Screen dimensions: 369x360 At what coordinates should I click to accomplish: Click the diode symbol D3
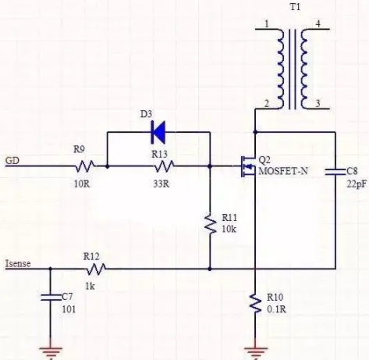pos(158,132)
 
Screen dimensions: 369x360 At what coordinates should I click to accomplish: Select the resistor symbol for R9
pos(85,166)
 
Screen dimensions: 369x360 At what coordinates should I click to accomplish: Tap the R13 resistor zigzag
pos(165,166)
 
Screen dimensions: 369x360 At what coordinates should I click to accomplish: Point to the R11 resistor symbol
pos(210,224)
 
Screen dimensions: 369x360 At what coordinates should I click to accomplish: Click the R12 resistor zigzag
pos(96,269)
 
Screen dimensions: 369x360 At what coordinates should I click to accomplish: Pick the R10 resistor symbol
pos(255,303)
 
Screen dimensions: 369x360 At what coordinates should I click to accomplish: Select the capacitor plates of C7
pos(51,298)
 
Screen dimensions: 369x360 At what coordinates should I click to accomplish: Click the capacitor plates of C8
pos(335,172)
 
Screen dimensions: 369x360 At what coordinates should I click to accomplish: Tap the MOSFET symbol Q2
pos(248,166)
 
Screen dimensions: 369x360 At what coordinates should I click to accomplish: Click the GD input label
pos(12,161)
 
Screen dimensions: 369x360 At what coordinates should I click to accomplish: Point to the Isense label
pos(18,264)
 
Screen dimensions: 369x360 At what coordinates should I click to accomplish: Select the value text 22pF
pos(357,184)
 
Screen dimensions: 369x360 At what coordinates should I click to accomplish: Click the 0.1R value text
pos(276,309)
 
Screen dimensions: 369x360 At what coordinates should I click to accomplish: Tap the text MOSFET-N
pos(283,171)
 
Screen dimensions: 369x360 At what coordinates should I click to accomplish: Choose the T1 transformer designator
pos(295,7)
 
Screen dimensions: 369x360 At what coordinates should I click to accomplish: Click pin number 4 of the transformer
pos(318,24)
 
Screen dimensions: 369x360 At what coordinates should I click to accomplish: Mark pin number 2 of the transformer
pos(267,104)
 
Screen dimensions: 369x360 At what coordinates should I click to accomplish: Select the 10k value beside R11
pos(229,229)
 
